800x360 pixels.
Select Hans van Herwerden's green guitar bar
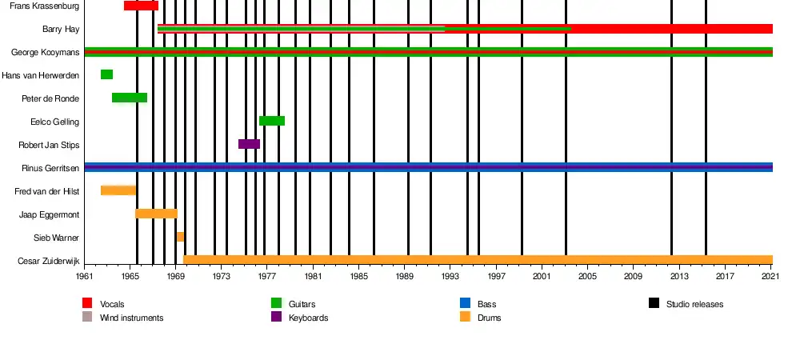pos(106,74)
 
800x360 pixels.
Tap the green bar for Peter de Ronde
pos(129,98)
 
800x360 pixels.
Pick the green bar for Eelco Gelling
pos(271,121)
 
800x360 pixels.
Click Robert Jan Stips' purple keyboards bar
pos(249,144)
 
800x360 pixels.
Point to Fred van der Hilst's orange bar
pos(118,190)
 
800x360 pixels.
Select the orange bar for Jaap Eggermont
pos(156,214)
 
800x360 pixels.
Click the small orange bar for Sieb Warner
pos(180,237)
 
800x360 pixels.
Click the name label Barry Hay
pos(60,29)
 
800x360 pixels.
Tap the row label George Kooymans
pos(45,52)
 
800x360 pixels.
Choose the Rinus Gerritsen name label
pos(50,168)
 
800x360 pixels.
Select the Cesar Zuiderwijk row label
pos(48,261)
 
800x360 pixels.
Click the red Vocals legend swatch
pos(87,303)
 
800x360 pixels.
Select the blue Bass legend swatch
pos(465,303)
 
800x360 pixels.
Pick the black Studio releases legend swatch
pos(654,303)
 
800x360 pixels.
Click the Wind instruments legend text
pos(131,318)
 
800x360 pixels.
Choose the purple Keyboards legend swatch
pos(276,317)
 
